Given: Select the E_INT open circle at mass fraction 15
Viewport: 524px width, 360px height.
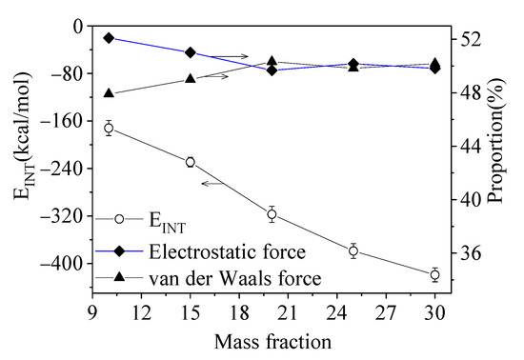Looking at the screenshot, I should [191, 162].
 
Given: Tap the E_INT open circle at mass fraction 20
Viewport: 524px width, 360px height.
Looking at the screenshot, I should [272, 214].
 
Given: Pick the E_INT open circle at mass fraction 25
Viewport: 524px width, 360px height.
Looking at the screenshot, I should [353, 251].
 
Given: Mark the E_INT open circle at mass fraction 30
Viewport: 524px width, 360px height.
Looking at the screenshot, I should [435, 274].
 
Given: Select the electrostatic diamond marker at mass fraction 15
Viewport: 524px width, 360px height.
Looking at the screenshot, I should [191, 52].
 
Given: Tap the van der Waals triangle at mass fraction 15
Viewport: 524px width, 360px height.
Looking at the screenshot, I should [191, 79].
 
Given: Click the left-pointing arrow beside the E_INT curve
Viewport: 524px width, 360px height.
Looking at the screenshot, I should [212, 182].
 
